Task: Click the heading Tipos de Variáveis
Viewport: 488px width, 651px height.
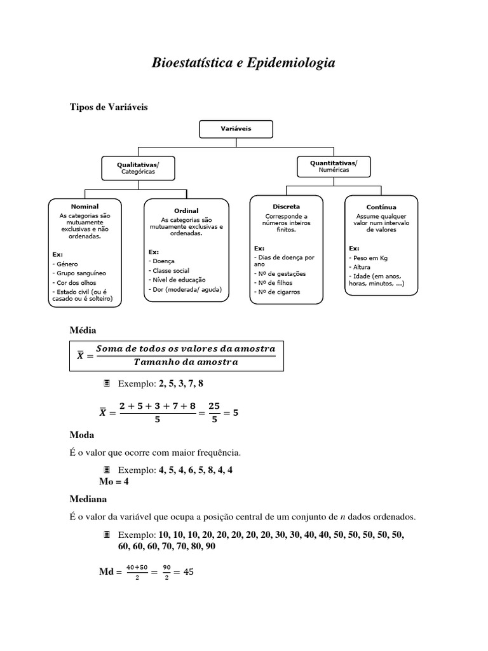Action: [108, 107]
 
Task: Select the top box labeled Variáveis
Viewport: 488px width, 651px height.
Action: [236, 128]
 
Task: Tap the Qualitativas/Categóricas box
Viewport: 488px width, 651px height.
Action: [137, 168]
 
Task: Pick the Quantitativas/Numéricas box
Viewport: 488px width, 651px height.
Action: [334, 166]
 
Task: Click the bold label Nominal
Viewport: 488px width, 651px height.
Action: [85, 207]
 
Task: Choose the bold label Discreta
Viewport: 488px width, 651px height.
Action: [286, 207]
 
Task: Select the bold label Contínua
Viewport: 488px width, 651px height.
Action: [381, 207]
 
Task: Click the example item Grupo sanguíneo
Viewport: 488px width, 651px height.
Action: [81, 272]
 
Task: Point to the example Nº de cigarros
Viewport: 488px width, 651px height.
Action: [278, 292]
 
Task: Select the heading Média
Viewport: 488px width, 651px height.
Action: [82, 330]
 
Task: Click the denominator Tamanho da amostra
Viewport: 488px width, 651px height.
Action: [187, 362]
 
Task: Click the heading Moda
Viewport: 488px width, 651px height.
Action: [81, 435]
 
